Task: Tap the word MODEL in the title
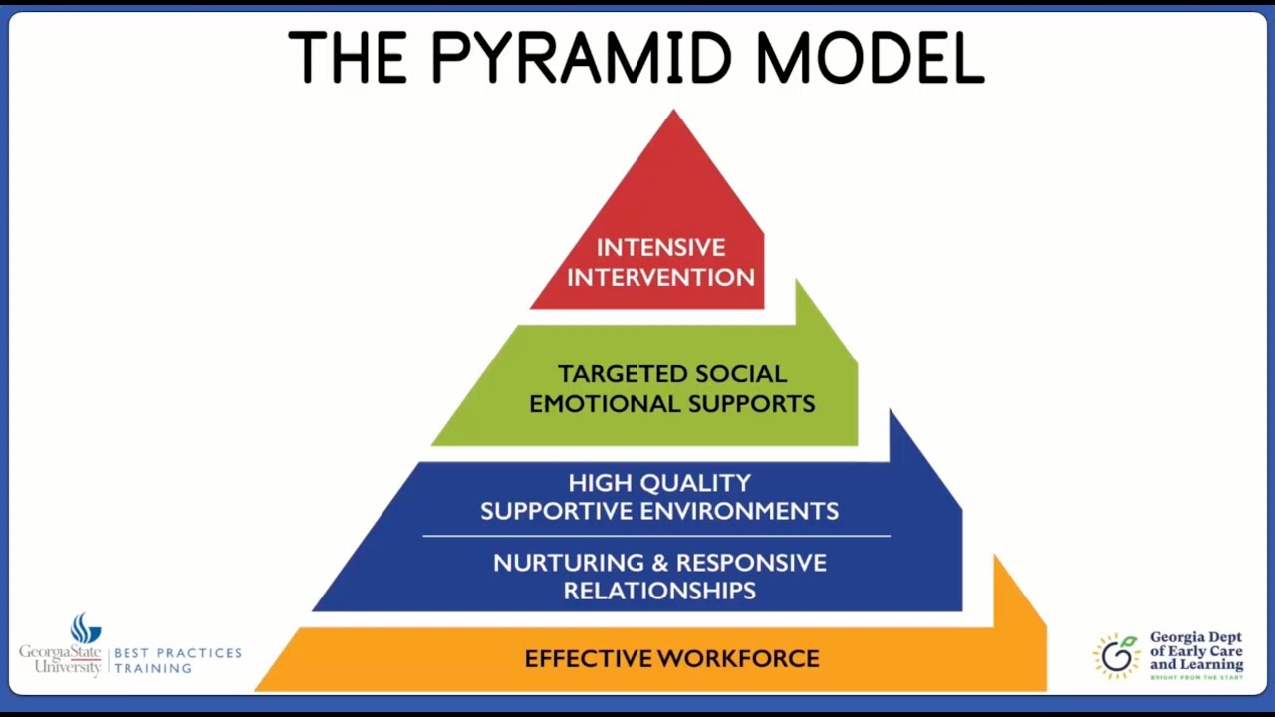click(x=870, y=58)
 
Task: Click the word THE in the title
click(x=348, y=58)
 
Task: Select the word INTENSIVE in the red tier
click(x=660, y=247)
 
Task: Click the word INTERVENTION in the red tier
click(x=660, y=277)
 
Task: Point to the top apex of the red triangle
click(x=674, y=112)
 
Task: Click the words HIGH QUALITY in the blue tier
click(x=659, y=483)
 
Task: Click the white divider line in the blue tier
click(x=656, y=536)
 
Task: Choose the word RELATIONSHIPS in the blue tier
click(x=659, y=591)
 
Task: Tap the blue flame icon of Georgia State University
click(x=86, y=628)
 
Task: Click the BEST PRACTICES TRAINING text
click(x=177, y=660)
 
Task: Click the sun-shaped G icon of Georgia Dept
click(x=1117, y=655)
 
